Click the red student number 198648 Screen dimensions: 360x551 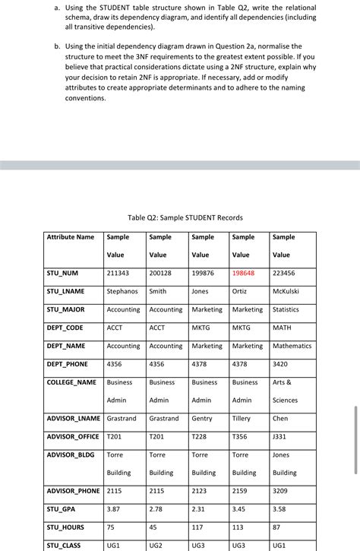[243, 273]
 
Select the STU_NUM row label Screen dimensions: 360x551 [62, 273]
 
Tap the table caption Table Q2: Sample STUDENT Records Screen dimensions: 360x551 [185, 218]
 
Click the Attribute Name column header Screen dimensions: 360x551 [71, 237]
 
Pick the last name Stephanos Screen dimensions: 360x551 [122, 291]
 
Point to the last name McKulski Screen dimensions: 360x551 [286, 291]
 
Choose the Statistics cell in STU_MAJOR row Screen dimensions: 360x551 [286, 309]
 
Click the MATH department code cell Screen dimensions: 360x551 [282, 328]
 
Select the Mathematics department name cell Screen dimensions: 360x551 [292, 346]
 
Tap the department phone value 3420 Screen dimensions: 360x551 [280, 364]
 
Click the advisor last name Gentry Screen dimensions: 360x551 [202, 419]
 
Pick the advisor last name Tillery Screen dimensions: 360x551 [242, 419]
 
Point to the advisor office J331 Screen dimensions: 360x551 [280, 437]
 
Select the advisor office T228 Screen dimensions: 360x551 [200, 437]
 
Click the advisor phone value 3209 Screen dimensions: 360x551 [280, 491]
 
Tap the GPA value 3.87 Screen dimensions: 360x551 [114, 509]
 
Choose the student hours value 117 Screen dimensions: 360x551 [198, 527]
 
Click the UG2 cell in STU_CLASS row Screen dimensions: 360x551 [156, 546]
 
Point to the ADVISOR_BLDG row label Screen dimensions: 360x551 [71, 455]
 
